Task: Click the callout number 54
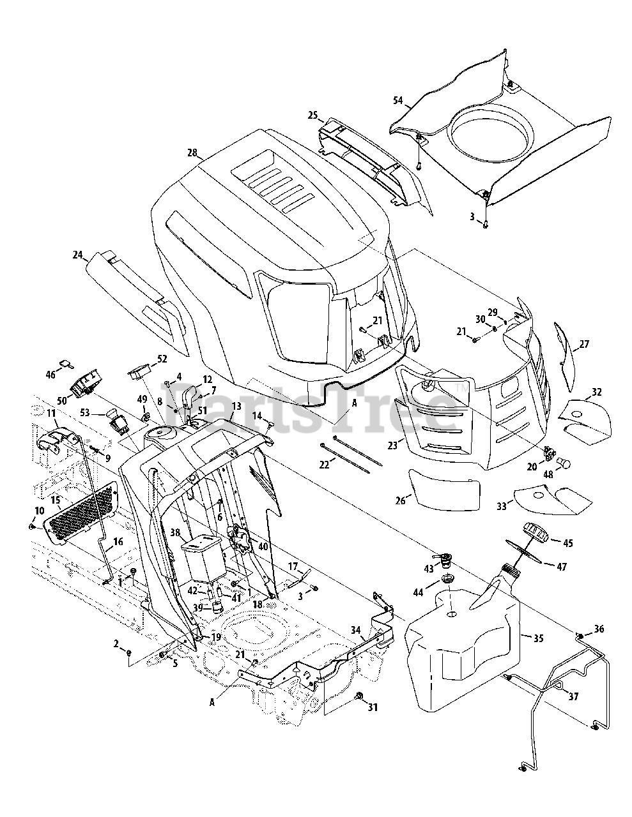click(x=398, y=100)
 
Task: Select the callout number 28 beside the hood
click(x=192, y=153)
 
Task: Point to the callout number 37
click(x=573, y=697)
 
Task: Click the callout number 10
click(x=40, y=511)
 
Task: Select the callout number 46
click(x=50, y=374)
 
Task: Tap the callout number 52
click(x=162, y=359)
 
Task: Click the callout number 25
click(x=312, y=115)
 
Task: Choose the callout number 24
click(x=77, y=255)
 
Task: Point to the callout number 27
click(x=584, y=344)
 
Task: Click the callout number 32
click(x=597, y=392)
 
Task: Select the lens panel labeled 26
click(x=444, y=490)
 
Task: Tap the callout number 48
click(x=548, y=474)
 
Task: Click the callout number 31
click(x=373, y=707)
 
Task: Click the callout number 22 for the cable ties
click(x=324, y=465)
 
